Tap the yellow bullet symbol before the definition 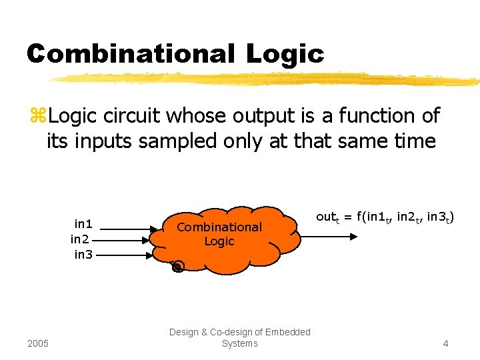37,116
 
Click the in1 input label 83,224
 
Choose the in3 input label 83,253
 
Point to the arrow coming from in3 127,253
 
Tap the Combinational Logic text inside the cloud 219,234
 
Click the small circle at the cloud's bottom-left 177,267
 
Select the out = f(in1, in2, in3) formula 385,217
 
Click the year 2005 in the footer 37,343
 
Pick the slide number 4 445,343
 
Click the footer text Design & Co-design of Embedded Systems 239,337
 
